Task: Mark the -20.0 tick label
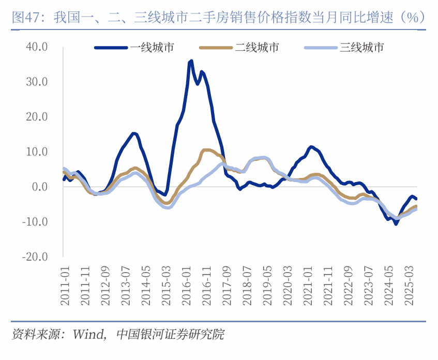[x=35, y=257]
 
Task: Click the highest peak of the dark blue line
[x=191, y=61]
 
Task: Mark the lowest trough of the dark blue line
[x=396, y=223]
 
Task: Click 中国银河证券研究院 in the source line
[x=171, y=334]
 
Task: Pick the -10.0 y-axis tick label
[x=35, y=221]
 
